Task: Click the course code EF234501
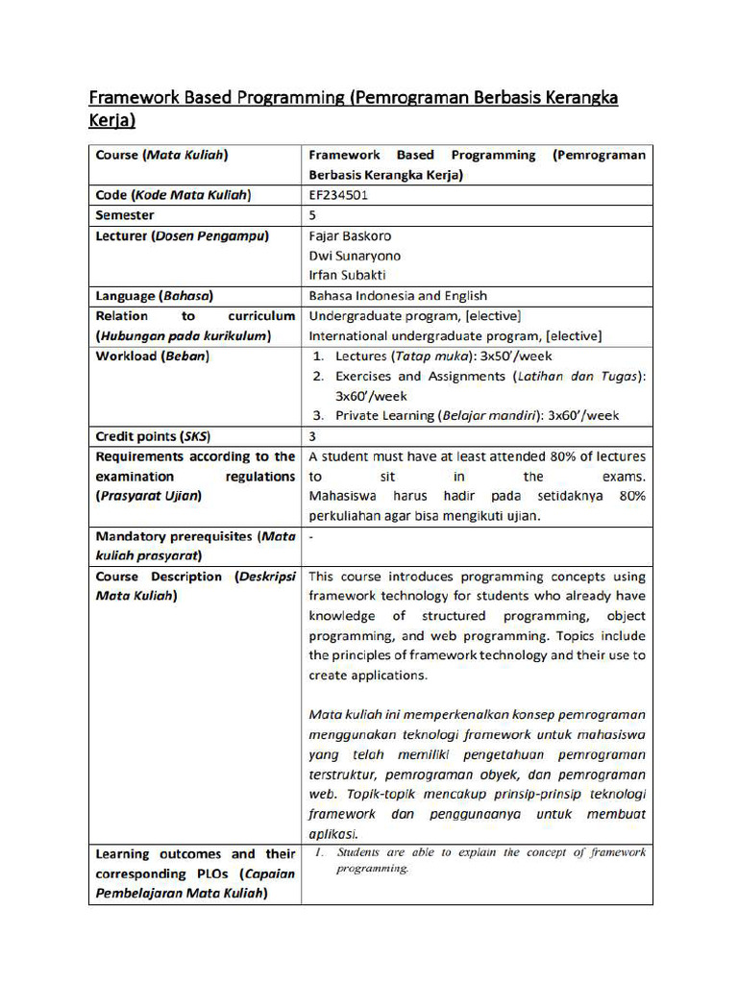pos(338,195)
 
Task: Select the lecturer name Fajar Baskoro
pos(350,235)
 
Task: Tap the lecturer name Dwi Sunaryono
pos(355,256)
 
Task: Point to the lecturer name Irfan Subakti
pos(347,276)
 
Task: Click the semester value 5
pos(313,215)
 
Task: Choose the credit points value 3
pos(313,436)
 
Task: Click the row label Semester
pos(125,215)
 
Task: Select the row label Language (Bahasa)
pos(154,296)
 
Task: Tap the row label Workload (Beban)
pos(152,357)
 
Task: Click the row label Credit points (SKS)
pos(153,436)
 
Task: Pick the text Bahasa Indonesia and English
pos(398,296)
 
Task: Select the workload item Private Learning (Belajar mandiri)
pos(477,416)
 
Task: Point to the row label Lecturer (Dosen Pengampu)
pos(182,235)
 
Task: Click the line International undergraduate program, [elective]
pos(455,335)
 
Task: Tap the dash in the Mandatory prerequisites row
pos(311,535)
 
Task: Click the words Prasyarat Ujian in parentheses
pos(149,497)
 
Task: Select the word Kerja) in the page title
pos(112,121)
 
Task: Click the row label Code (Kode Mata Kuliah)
pos(173,195)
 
